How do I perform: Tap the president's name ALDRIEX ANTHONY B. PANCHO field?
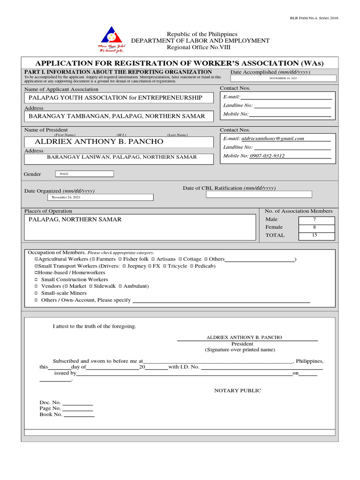[x=99, y=141]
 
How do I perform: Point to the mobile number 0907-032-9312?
[x=267, y=156]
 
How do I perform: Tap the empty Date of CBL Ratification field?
[x=259, y=194]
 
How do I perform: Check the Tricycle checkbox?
[x=164, y=266]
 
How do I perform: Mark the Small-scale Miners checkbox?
[x=36, y=293]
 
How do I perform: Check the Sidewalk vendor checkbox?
[x=91, y=286]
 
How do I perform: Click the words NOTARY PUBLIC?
[x=238, y=390]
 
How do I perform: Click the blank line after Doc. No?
[x=77, y=403]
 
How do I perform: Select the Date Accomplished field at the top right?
[x=283, y=78]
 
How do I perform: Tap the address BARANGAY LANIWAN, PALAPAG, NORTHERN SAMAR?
[x=122, y=157]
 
